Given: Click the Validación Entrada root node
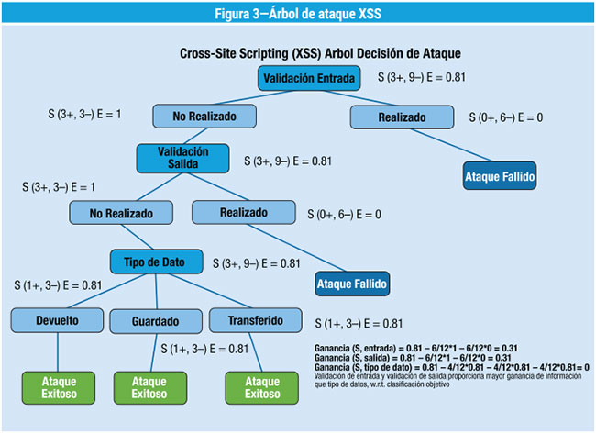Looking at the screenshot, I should coord(308,79).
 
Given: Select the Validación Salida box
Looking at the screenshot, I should coord(182,157).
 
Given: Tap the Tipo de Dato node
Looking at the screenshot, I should coord(156,262).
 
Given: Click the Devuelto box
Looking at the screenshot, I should coord(56,321).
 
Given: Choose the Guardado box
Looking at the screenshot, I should coord(154,322).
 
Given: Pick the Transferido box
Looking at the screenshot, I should coord(256,321).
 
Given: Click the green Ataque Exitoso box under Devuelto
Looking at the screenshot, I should coord(58,387).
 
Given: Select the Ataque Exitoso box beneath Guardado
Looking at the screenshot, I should coord(150,387).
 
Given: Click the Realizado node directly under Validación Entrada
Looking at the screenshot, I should coord(402,117).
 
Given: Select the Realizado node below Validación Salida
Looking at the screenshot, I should coord(243,213).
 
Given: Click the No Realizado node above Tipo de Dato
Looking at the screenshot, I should coord(121,213).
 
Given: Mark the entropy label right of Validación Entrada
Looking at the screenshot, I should coord(415,78).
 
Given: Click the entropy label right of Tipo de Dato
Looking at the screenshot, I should coord(256,263).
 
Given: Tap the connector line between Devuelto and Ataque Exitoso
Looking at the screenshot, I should coord(58,351).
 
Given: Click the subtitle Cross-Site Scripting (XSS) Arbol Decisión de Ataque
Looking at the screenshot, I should coord(320,54).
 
